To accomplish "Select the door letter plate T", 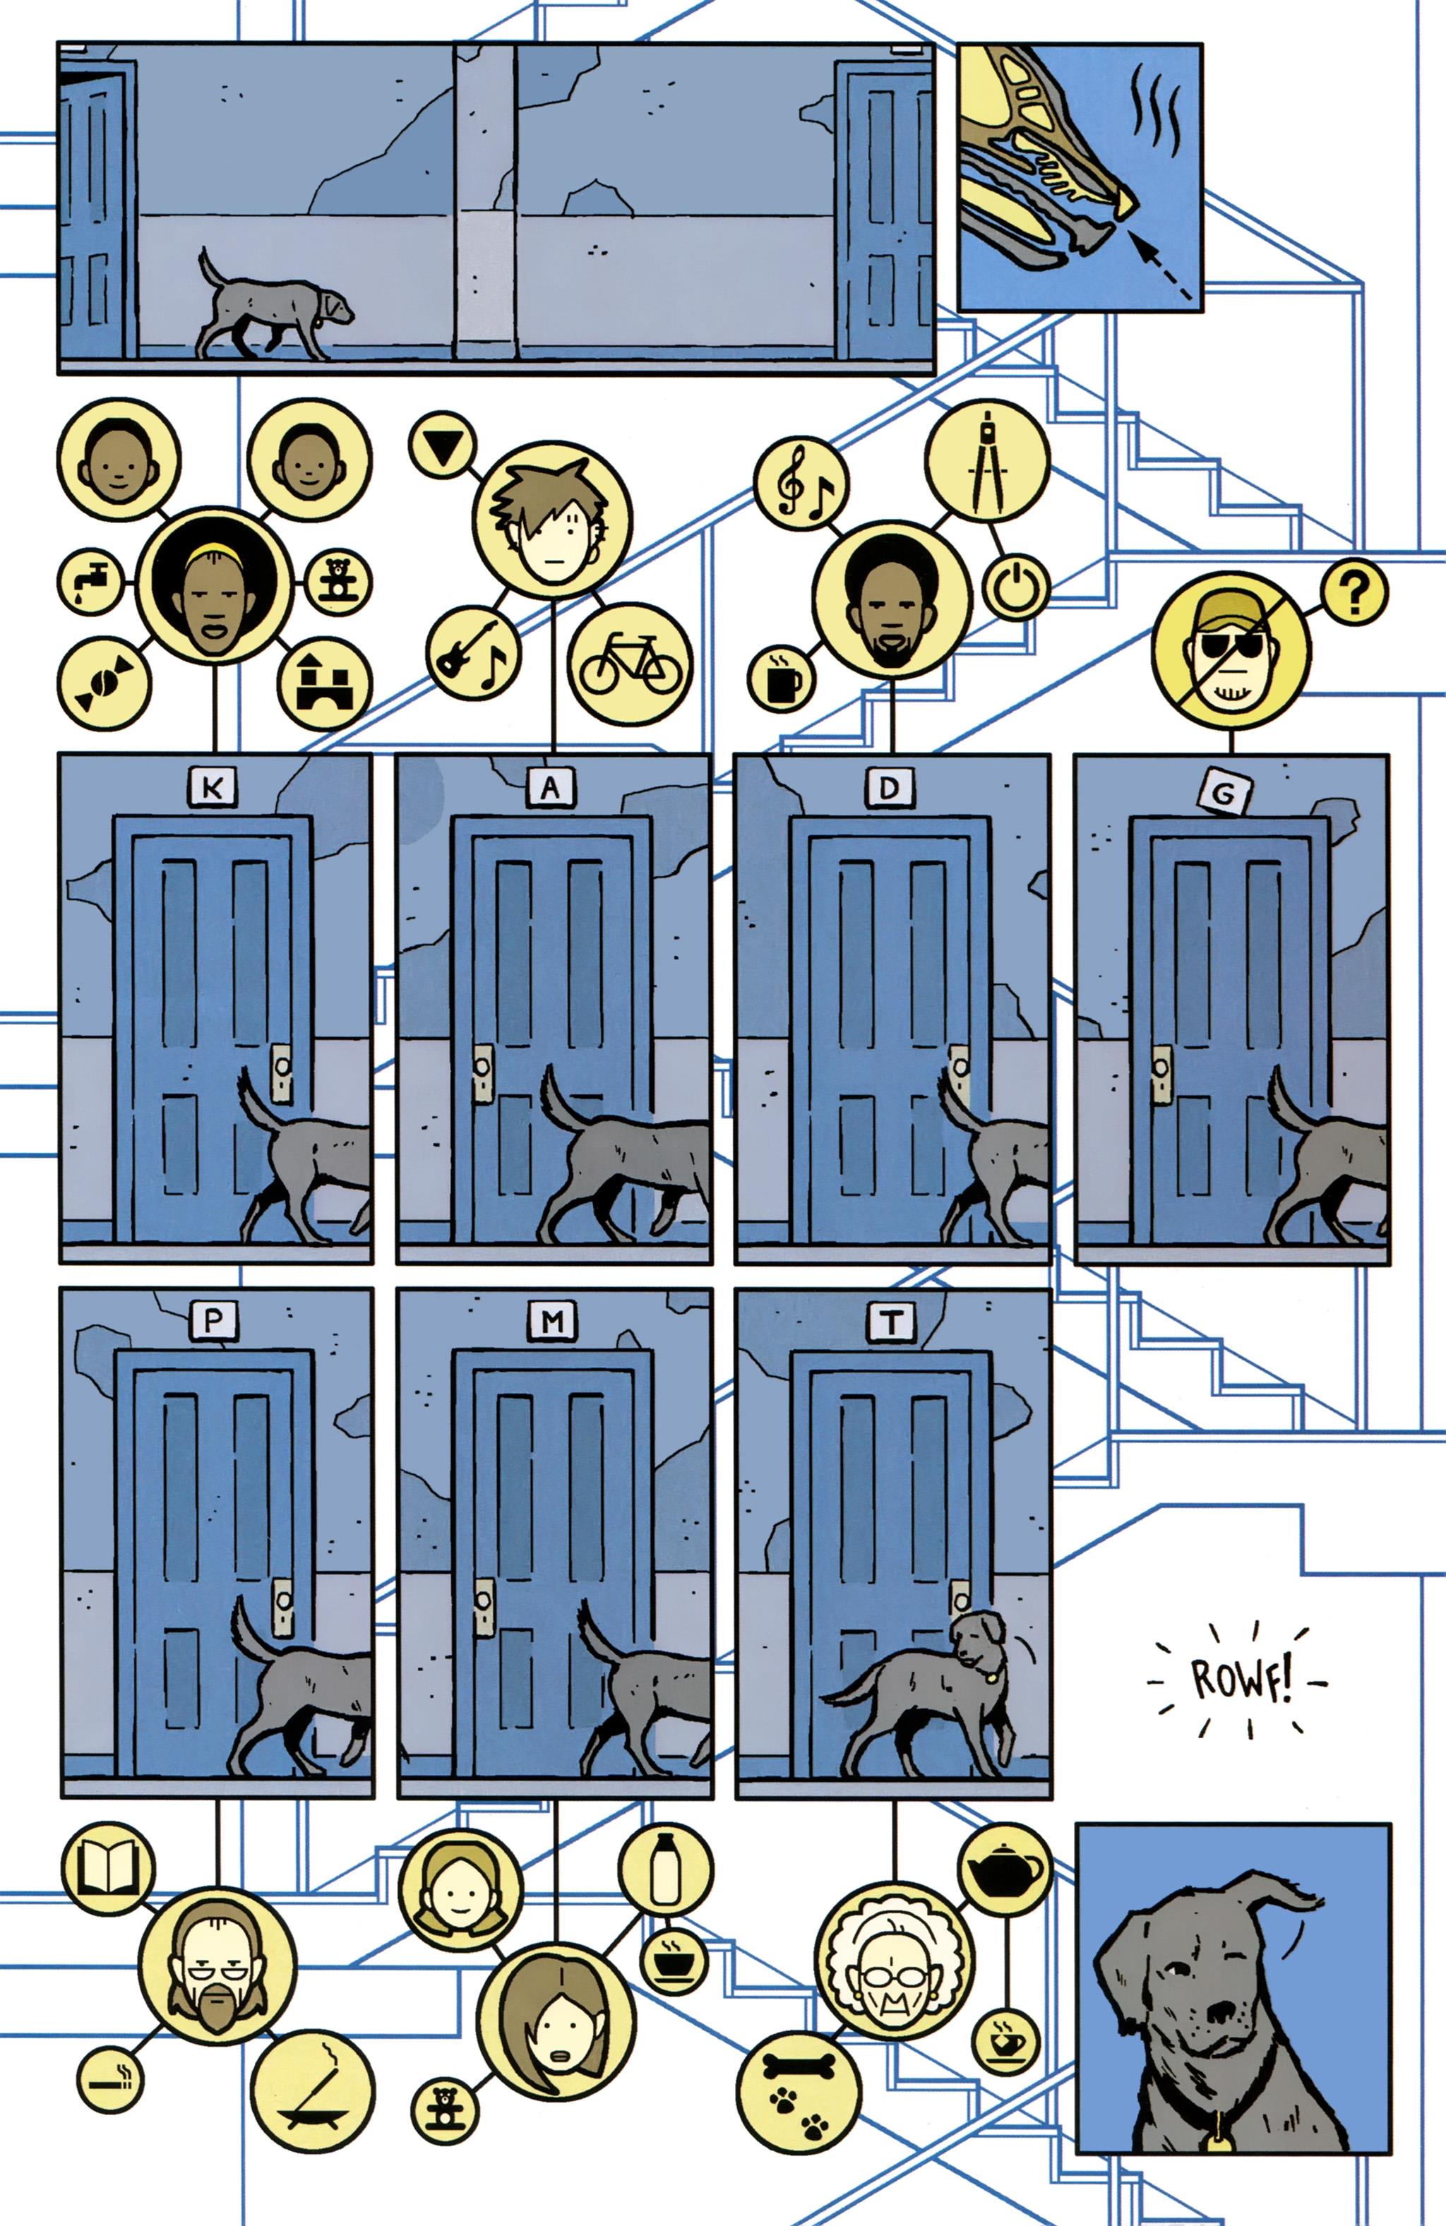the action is point(891,1322).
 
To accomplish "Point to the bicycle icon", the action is point(631,666).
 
